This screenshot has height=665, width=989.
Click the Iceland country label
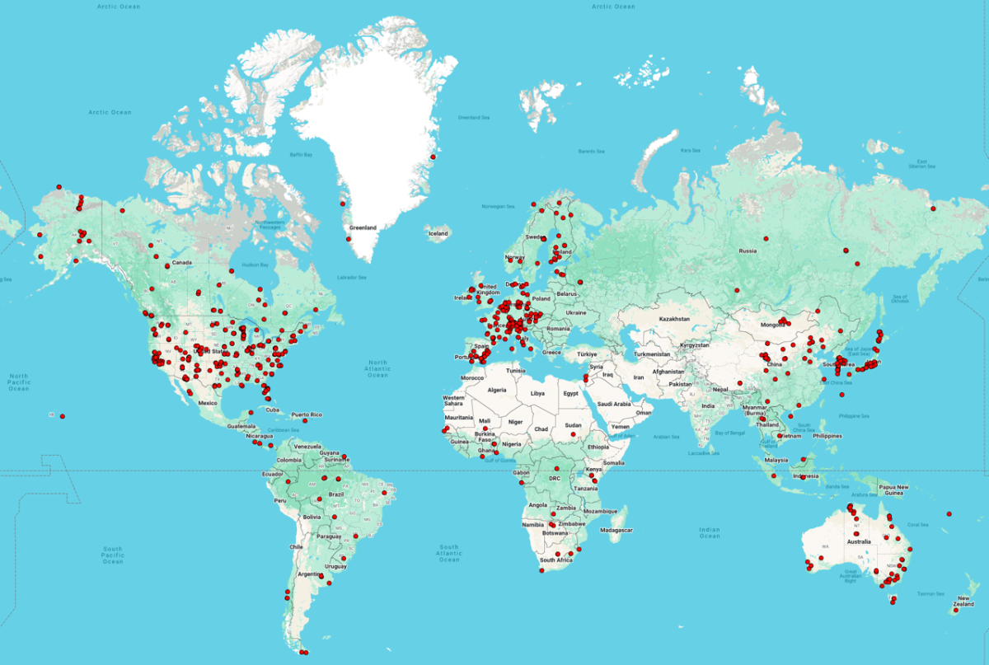pos(438,233)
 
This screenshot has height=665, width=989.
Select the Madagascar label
pos(618,530)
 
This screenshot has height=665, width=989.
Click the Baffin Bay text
pos(301,154)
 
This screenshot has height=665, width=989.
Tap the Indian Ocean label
pos(709,532)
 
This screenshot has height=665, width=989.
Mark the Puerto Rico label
pos(306,414)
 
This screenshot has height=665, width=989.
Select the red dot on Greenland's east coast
pos(434,157)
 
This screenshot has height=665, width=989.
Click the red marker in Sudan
pos(574,434)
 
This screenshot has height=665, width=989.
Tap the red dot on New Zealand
pos(954,611)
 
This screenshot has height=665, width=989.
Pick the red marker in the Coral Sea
pos(949,514)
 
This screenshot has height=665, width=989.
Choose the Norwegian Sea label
pos(497,206)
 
